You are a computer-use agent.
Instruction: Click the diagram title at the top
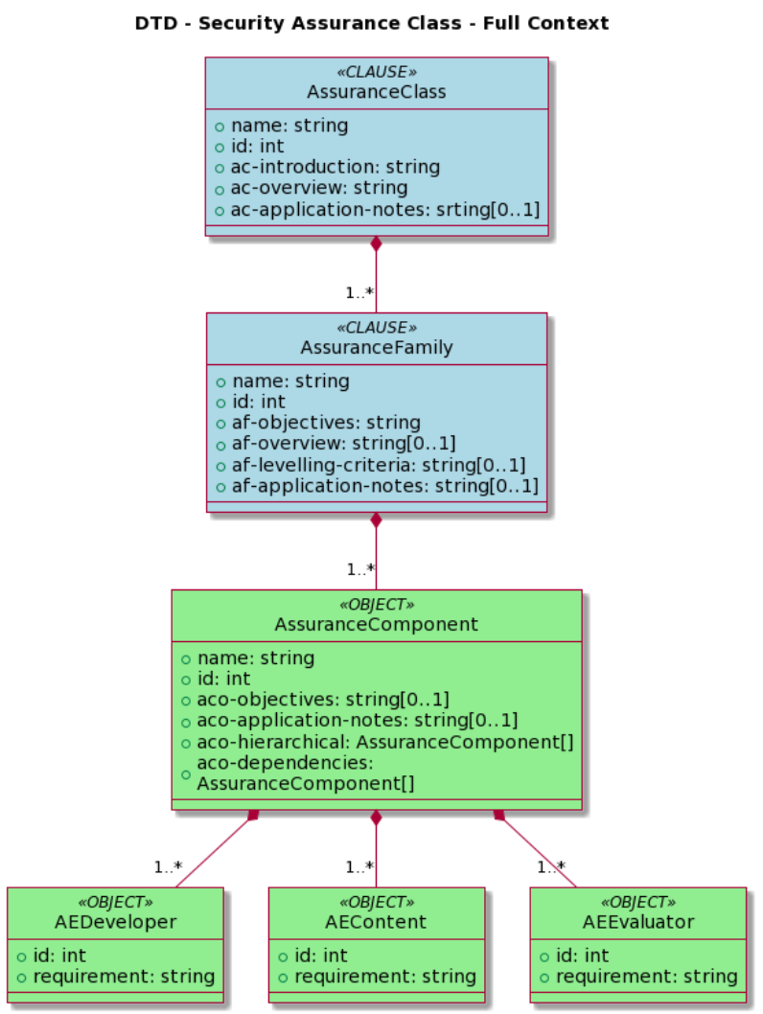pos(371,23)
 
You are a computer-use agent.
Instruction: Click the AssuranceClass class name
pos(377,92)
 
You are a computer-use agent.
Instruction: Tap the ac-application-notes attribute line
pos(378,209)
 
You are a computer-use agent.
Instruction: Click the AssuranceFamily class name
pos(377,348)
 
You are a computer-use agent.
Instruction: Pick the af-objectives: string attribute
pos(326,423)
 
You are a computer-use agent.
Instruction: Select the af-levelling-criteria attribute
pos(379,465)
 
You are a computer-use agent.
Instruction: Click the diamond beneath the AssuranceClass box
pos(377,243)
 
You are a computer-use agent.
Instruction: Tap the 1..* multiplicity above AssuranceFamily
pos(359,293)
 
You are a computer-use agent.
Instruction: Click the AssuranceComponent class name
pos(377,625)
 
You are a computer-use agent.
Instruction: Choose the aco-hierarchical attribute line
pos(384,742)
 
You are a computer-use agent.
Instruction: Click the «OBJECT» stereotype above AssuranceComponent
pos(377,605)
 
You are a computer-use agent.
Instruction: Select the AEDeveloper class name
pos(115,922)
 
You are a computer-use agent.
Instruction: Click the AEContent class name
pos(377,922)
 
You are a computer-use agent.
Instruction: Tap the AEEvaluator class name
pos(637,922)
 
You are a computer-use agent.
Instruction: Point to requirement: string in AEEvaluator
pos(646,977)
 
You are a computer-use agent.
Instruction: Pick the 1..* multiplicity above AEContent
pos(359,867)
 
